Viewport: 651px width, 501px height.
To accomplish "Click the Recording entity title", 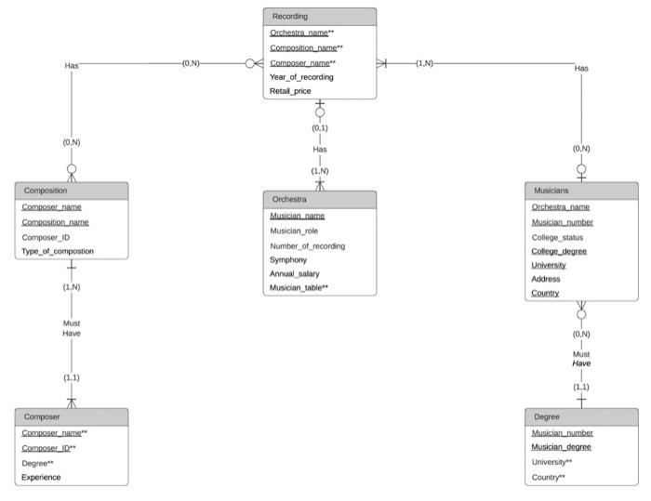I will [x=290, y=17].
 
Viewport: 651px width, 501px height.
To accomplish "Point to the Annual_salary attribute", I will [x=294, y=273].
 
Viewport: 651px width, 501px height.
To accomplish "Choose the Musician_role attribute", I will [x=295, y=231].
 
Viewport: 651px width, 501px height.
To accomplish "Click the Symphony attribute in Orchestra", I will [x=288, y=259].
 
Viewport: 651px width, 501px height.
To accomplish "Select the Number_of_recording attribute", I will [x=307, y=245].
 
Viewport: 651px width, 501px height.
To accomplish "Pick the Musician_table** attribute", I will [x=299, y=288].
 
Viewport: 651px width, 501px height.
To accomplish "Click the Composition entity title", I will [x=46, y=190].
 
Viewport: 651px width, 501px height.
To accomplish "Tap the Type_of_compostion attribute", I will [x=58, y=251].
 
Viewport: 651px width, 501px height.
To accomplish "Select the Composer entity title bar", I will [x=41, y=417].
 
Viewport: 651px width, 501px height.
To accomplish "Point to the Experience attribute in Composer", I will [x=41, y=477].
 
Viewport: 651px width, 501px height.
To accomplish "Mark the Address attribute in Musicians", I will [x=546, y=279].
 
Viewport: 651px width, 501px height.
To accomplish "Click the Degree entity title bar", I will [x=547, y=417].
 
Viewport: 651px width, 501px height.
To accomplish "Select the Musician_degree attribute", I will [x=561, y=447].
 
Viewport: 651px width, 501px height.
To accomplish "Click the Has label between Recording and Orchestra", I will [x=320, y=149].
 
